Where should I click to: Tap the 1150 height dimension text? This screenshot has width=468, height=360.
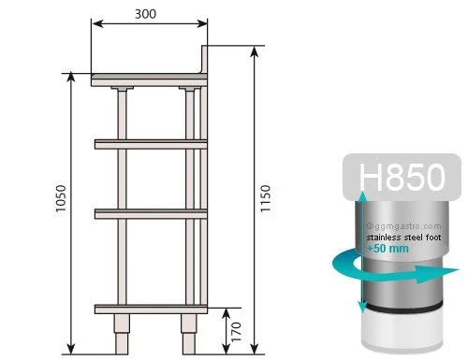(x=269, y=198)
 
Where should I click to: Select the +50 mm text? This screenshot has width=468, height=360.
(x=387, y=249)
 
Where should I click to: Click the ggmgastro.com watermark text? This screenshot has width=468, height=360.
(x=403, y=225)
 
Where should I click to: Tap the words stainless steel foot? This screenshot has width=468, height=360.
(x=403, y=238)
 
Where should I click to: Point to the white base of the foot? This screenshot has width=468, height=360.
(x=400, y=333)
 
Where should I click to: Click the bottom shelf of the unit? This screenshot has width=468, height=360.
(x=150, y=308)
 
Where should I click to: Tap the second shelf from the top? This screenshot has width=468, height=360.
(x=150, y=142)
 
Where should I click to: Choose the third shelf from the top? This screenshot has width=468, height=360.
(x=150, y=214)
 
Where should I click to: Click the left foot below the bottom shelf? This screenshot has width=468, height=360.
(x=122, y=334)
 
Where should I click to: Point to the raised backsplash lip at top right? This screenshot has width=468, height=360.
(x=205, y=61)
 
